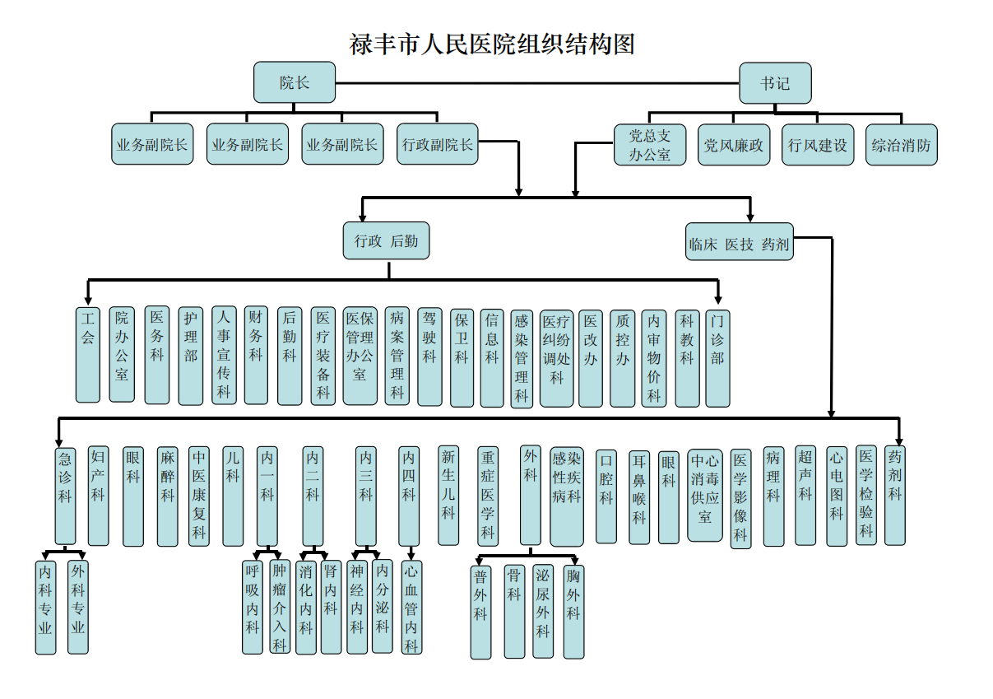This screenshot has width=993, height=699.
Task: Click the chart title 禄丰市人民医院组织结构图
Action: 492,44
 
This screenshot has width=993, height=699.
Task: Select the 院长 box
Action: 295,82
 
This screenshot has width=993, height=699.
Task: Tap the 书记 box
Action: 775,83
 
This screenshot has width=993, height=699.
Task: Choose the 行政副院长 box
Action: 437,145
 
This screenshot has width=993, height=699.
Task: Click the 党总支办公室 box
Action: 650,145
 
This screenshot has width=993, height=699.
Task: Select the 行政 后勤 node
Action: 386,241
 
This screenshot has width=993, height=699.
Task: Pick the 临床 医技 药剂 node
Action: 739,242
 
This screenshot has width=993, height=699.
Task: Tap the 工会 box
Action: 88,355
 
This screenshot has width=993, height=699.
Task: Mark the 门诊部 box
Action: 717,356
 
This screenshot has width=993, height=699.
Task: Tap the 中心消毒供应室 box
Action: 705,494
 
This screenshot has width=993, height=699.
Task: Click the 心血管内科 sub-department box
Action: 411,607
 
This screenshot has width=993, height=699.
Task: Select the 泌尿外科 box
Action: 542,611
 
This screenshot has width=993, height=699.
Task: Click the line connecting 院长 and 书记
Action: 535,83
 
